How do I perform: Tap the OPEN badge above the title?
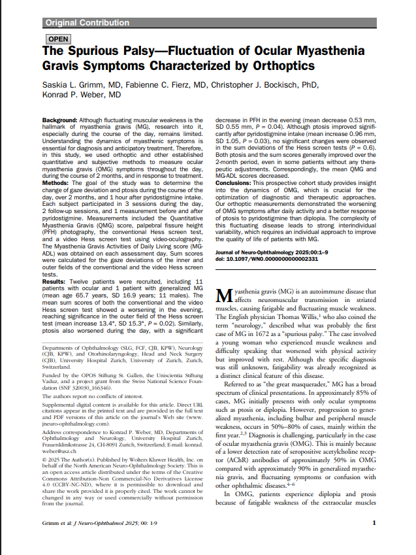click(57, 39)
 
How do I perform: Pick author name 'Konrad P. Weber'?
click(82, 95)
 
